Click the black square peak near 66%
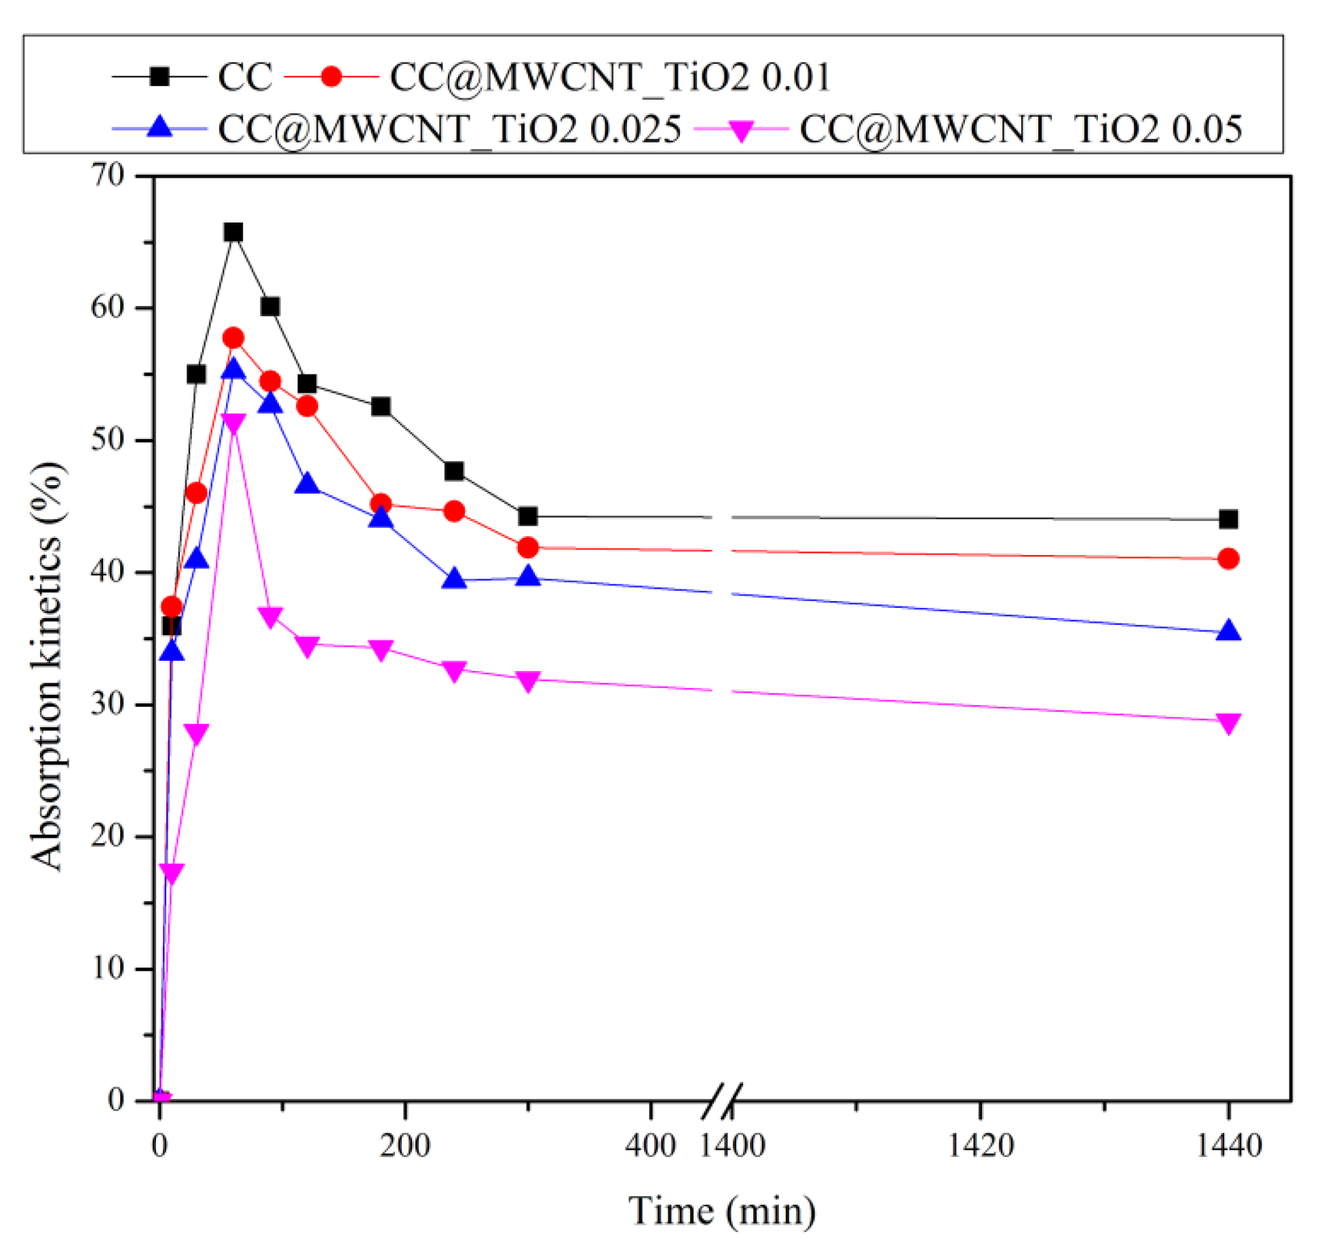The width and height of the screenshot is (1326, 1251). coord(233,233)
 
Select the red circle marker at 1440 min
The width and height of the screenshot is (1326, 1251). coord(1228,559)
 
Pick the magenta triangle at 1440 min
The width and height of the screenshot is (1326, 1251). coord(1228,723)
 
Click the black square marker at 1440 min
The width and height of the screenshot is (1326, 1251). coord(1228,520)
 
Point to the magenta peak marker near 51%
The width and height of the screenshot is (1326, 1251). coord(233,423)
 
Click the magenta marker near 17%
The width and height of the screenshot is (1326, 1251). coord(172,873)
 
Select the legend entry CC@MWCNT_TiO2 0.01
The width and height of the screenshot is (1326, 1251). coord(609,77)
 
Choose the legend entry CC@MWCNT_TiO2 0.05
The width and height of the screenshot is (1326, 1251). coord(1021,129)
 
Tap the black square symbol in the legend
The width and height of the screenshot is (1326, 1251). coord(159,77)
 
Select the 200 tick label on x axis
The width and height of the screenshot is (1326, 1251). coord(404,1146)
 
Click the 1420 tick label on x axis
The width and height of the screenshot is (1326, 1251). coord(980,1146)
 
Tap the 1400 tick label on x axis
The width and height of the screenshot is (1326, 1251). coord(732,1146)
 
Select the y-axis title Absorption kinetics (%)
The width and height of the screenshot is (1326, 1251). coord(48,666)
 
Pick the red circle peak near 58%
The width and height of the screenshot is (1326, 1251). coord(233,338)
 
